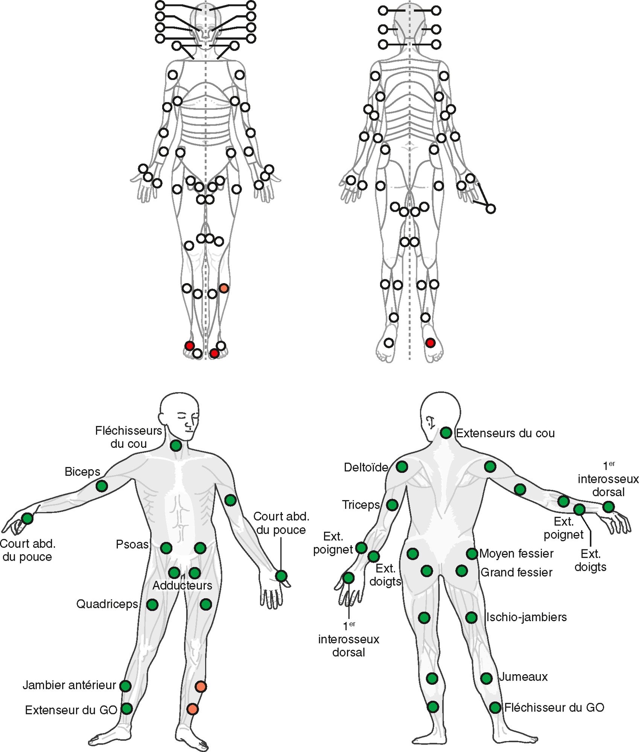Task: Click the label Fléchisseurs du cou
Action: (128, 437)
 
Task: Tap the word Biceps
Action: (82, 472)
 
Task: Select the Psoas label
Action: (132, 544)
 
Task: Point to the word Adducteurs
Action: (183, 585)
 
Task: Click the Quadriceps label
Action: (107, 604)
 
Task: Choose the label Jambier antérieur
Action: (69, 685)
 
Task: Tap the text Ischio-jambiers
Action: (526, 617)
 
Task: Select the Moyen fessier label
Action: (516, 553)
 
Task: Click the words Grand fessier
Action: (516, 572)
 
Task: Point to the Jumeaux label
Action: (523, 676)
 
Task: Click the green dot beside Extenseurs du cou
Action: (446, 433)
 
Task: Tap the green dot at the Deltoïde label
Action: (402, 467)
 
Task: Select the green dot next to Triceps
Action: (392, 505)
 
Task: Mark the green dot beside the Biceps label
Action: (102, 486)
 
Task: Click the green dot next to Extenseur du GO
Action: (127, 709)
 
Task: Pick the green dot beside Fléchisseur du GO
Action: (495, 708)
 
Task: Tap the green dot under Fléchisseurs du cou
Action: (176, 446)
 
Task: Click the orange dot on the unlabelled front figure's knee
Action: (224, 288)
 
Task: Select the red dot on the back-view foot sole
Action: (430, 343)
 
